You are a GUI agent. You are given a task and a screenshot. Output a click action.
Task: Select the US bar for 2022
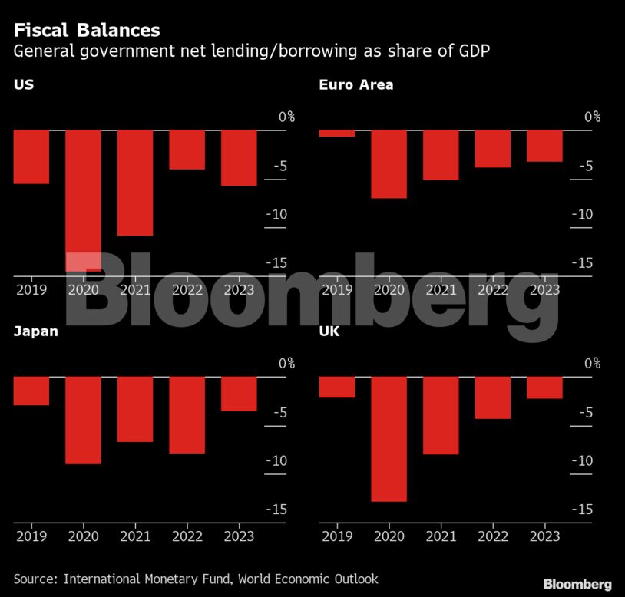(x=187, y=150)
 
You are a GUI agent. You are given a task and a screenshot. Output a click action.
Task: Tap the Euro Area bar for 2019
(x=337, y=134)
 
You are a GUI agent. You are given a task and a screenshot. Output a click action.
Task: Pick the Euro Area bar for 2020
(x=389, y=164)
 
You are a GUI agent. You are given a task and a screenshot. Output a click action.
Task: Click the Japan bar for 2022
(x=187, y=415)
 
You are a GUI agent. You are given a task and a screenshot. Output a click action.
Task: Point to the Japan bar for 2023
(x=239, y=394)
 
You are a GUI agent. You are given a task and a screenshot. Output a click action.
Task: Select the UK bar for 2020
(x=389, y=439)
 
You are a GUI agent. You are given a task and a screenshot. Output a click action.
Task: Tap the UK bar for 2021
(x=441, y=415)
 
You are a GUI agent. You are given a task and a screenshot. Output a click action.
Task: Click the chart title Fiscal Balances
(x=87, y=30)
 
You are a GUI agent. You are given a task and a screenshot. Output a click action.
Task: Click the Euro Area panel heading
(x=356, y=84)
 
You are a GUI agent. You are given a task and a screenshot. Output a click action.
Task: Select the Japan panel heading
(x=36, y=331)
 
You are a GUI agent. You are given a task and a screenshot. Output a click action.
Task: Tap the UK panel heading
(x=329, y=331)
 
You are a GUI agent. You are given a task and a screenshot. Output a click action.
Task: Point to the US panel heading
(x=23, y=84)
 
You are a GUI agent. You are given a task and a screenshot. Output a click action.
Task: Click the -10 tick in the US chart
(x=276, y=214)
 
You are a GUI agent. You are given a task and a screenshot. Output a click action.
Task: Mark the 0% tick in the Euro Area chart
(x=592, y=117)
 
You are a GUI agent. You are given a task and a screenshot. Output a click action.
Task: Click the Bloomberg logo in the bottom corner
(x=577, y=584)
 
